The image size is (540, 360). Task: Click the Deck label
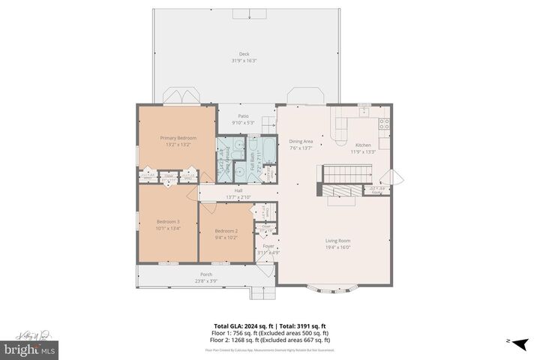click(x=244, y=53)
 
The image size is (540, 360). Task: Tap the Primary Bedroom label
click(x=178, y=138)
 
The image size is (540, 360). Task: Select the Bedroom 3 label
click(x=168, y=221)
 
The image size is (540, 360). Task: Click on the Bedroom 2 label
click(x=226, y=231)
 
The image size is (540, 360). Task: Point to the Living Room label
click(x=338, y=241)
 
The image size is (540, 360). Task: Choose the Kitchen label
click(x=364, y=145)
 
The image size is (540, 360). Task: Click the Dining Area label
click(x=301, y=141)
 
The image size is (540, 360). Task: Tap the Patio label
click(x=244, y=116)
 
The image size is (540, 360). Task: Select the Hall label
click(x=238, y=191)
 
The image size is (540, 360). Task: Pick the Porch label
click(x=205, y=274)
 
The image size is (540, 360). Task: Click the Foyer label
click(x=268, y=245)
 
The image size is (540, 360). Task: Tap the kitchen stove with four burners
click(x=385, y=124)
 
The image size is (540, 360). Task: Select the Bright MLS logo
click(x=30, y=349)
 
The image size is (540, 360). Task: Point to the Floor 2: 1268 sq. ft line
click(x=270, y=340)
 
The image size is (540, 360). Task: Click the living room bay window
click(x=335, y=286)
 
